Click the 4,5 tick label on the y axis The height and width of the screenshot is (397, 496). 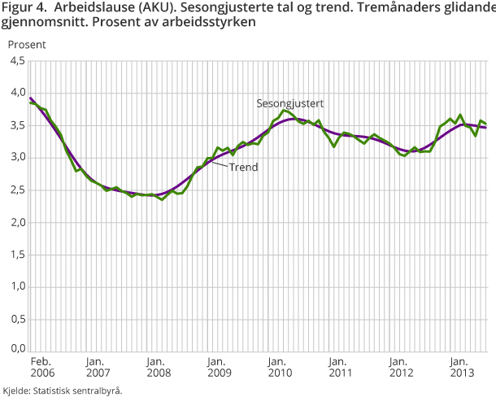pyautogui.click(x=15, y=60)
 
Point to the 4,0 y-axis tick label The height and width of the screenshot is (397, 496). pyautogui.click(x=15, y=93)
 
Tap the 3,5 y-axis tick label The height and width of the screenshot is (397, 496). pyautogui.click(x=15, y=125)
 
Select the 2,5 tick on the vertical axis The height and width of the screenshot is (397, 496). pyautogui.click(x=15, y=190)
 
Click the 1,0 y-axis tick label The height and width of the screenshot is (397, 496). pyautogui.click(x=15, y=287)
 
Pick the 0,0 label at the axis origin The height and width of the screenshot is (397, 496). pyautogui.click(x=15, y=348)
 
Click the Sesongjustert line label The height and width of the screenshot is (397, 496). pyautogui.click(x=290, y=103)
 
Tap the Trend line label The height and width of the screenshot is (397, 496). pyautogui.click(x=243, y=168)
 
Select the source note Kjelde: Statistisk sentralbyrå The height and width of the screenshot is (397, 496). pyautogui.click(x=63, y=390)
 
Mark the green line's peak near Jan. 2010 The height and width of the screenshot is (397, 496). pyautogui.click(x=284, y=110)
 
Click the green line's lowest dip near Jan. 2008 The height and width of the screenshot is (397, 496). pyautogui.click(x=162, y=198)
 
